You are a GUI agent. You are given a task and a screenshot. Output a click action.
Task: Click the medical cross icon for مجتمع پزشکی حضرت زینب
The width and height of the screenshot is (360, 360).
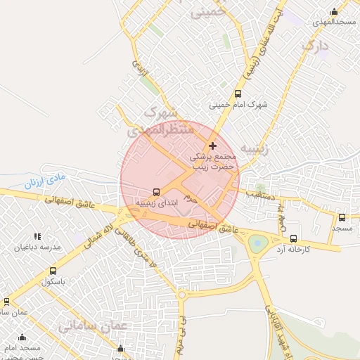click(212, 146)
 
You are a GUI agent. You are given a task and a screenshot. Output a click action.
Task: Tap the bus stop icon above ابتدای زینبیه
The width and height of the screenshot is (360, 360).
click(156, 192)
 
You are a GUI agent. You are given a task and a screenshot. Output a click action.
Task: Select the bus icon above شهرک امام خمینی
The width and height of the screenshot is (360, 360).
click(238, 94)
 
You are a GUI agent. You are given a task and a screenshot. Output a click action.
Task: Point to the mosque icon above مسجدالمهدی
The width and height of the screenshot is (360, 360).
click(334, 12)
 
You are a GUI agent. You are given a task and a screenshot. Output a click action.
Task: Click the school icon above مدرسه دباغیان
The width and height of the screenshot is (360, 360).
click(37, 237)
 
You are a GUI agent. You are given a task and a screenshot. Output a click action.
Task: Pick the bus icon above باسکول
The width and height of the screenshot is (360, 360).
click(53, 271)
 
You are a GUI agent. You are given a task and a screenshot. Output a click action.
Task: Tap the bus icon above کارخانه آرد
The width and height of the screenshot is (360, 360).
click(293, 238)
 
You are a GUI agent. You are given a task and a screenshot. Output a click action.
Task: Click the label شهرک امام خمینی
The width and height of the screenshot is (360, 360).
click(238, 105)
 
